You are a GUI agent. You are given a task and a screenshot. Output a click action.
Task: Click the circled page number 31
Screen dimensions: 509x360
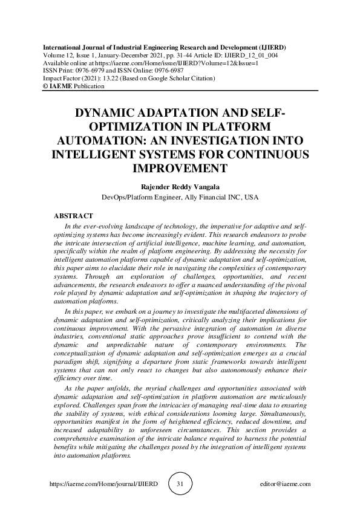(x=180, y=484)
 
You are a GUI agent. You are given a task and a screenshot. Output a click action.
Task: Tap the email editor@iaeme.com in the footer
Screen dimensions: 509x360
(x=284, y=484)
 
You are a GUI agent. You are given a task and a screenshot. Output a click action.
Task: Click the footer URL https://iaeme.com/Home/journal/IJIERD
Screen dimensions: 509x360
(x=103, y=484)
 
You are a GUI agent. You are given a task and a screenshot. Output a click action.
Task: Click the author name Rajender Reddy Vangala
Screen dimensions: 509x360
(x=180, y=186)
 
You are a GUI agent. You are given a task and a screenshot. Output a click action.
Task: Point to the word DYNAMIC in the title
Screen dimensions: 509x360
(x=106, y=114)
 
